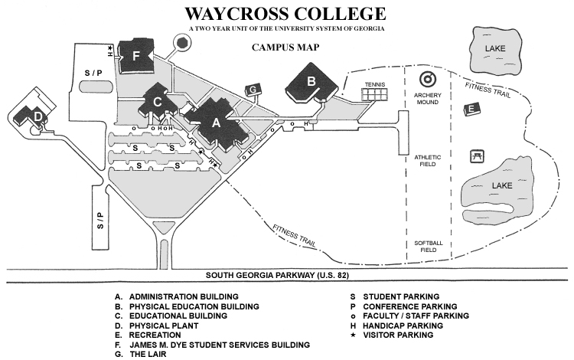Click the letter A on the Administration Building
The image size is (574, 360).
(x=217, y=123)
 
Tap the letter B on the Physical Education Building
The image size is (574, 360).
(x=311, y=80)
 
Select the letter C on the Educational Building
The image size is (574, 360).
(x=158, y=102)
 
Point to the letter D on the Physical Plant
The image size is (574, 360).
(x=38, y=117)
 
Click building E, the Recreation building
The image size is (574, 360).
(x=472, y=109)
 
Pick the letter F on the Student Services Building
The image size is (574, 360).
(x=136, y=56)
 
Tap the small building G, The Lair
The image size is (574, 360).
(x=253, y=90)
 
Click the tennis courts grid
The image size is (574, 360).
(x=374, y=94)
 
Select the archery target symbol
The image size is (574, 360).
(x=428, y=80)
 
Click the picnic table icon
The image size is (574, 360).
(x=477, y=156)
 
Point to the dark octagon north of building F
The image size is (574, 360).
(x=182, y=42)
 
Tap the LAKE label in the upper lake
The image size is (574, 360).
(x=495, y=48)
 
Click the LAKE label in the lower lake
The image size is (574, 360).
(x=502, y=185)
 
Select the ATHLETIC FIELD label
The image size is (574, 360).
(x=428, y=161)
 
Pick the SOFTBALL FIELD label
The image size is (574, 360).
(x=429, y=247)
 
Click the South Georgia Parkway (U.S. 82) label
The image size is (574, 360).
(x=277, y=276)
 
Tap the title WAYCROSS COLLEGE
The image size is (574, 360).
(x=285, y=14)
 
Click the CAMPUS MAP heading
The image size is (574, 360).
(x=285, y=47)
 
